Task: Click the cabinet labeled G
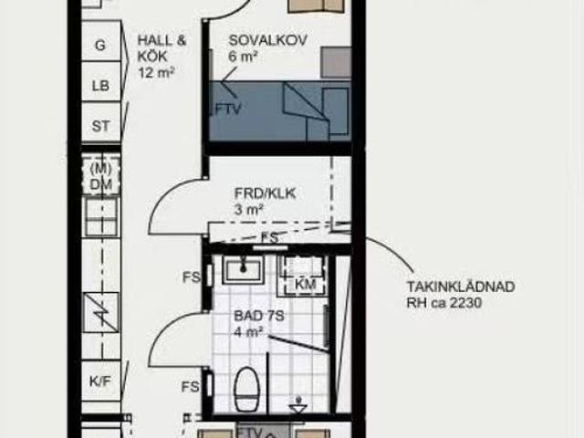(100, 41)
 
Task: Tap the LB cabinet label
(100, 86)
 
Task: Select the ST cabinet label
(100, 126)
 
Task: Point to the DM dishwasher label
(101, 184)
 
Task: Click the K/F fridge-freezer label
(100, 381)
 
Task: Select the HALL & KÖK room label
(162, 48)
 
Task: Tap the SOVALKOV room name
(267, 40)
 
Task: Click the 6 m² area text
(244, 57)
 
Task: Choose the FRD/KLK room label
(266, 193)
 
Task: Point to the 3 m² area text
(248, 210)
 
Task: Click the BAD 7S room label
(259, 317)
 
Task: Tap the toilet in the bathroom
(246, 389)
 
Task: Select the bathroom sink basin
(244, 267)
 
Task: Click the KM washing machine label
(306, 284)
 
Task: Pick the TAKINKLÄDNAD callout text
(461, 287)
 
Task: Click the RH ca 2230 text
(444, 302)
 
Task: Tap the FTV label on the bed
(227, 109)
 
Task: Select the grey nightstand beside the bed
(336, 62)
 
